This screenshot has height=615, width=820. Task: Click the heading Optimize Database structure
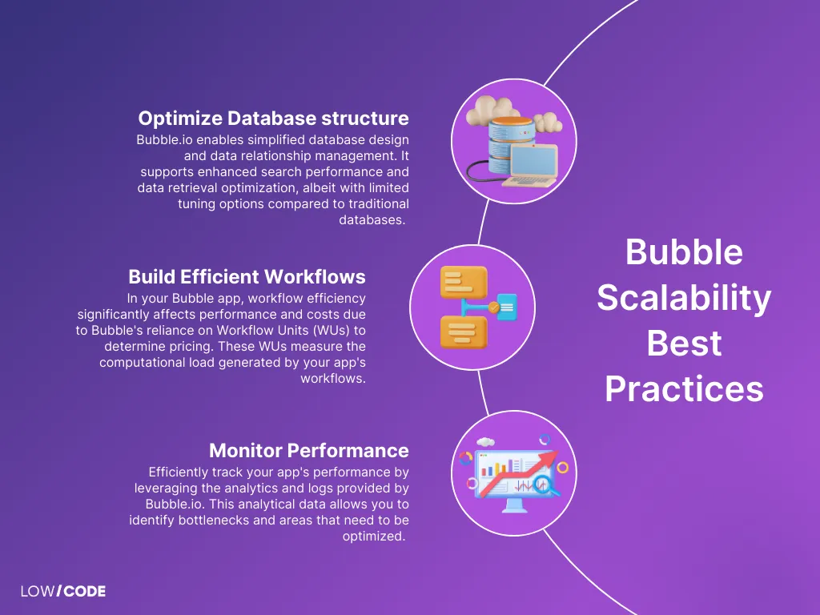point(273,119)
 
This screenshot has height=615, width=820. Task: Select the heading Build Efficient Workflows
point(247,277)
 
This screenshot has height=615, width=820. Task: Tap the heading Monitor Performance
point(308,450)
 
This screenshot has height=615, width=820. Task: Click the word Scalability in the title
point(684,298)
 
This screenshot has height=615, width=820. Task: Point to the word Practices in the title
point(684,389)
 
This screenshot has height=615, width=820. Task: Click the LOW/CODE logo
point(63,592)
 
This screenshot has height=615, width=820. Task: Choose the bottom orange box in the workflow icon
point(463,332)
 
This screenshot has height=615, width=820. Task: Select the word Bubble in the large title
point(684,252)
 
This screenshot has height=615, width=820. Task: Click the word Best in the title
point(684,344)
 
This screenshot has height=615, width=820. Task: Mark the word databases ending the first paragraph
point(374,219)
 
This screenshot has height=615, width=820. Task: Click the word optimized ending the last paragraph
point(374,537)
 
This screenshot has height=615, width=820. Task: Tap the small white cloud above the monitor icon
point(484,442)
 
